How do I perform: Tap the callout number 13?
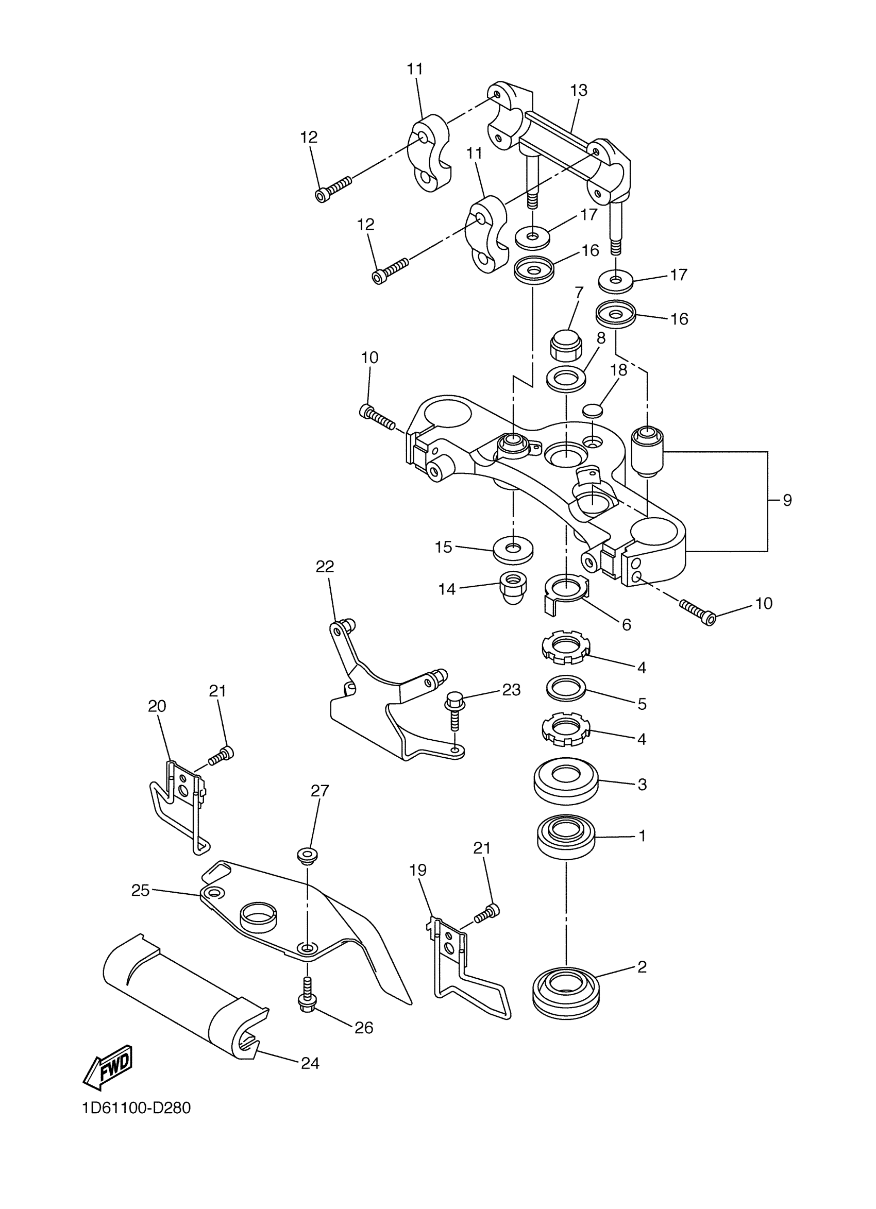pyautogui.click(x=579, y=91)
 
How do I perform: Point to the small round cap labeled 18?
pyautogui.click(x=592, y=410)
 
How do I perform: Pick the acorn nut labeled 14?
pyautogui.click(x=513, y=587)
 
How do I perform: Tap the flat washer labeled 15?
pyautogui.click(x=513, y=550)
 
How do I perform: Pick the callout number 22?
pyautogui.click(x=325, y=566)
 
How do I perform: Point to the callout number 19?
pyautogui.click(x=417, y=871)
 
